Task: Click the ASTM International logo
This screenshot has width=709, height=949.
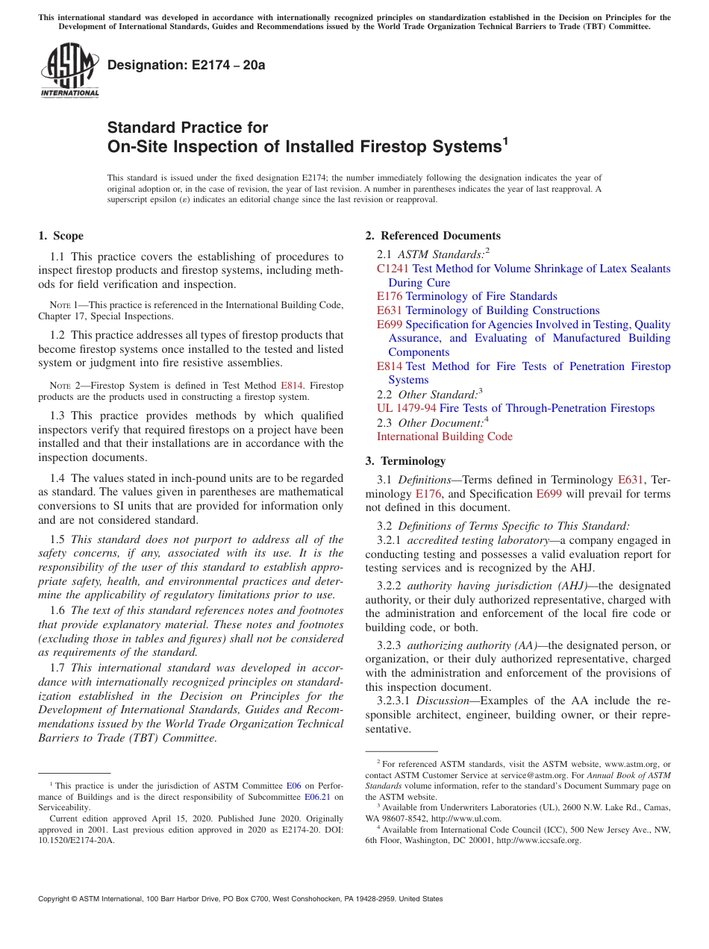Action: [x=69, y=70]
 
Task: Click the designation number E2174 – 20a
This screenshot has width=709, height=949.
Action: [x=187, y=65]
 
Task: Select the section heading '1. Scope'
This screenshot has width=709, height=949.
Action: [x=60, y=236]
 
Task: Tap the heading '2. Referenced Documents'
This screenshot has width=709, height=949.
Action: [x=433, y=236]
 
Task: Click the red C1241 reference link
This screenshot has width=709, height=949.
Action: [x=393, y=269]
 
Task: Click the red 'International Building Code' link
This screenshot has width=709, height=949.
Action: [x=444, y=436]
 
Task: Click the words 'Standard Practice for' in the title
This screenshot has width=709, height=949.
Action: [x=187, y=128]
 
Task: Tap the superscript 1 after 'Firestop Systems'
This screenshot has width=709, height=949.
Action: [x=505, y=140]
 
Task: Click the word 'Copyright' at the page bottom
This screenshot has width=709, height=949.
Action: [x=57, y=899]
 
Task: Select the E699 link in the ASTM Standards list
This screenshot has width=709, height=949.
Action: [x=390, y=325]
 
